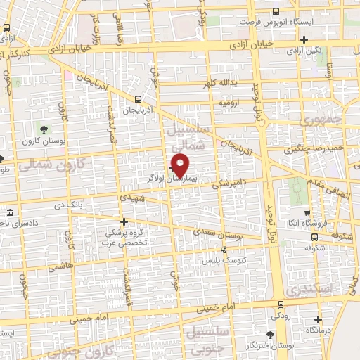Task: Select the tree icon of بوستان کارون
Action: point(44,129)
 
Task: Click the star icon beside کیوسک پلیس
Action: point(224,249)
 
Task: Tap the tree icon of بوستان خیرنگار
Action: point(271,335)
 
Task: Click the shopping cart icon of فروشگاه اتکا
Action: point(306,213)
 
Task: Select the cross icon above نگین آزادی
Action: point(304,39)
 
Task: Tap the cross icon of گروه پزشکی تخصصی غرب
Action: point(124,222)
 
